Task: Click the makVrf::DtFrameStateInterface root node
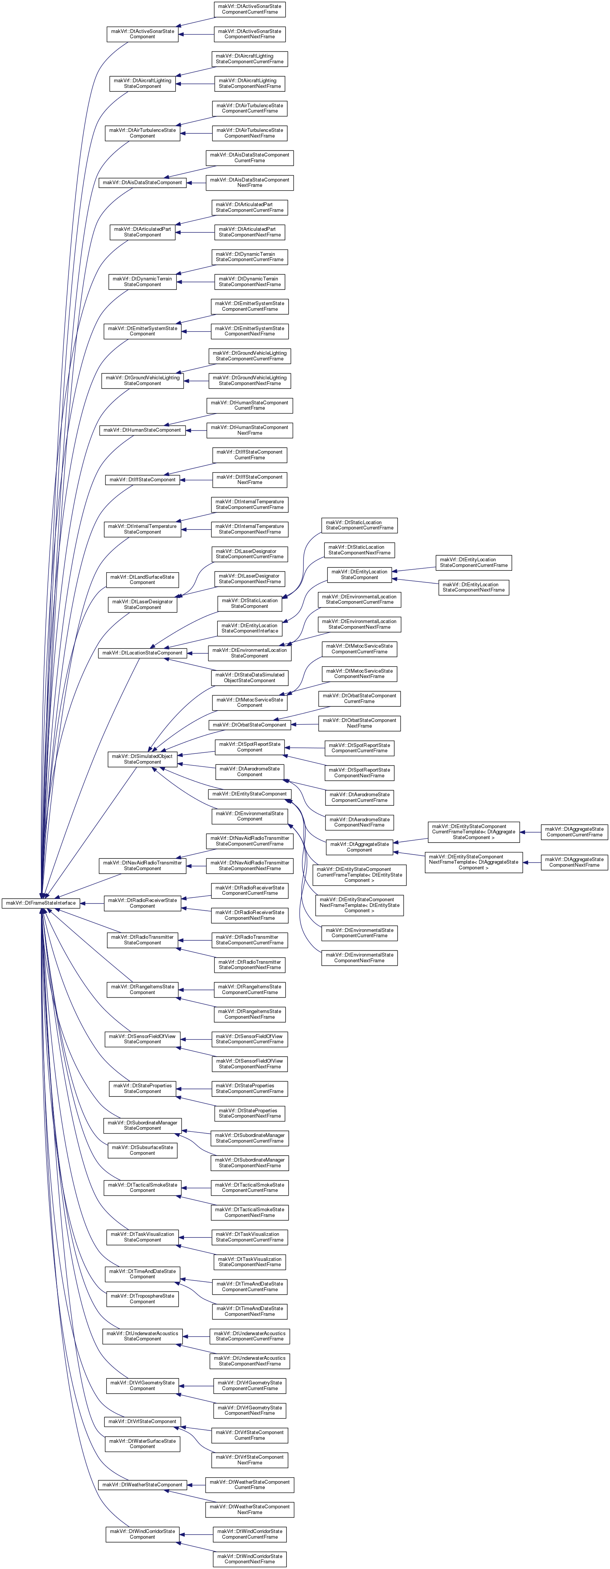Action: [40, 903]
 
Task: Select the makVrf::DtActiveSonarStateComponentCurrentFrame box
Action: [250, 9]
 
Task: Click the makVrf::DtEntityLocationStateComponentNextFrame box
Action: [473, 587]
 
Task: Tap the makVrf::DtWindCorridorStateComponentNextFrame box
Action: [250, 1559]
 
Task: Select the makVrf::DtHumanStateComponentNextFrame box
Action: [250, 430]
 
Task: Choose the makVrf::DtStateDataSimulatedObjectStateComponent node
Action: [250, 677]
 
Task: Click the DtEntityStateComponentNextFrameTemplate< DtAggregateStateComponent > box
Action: [473, 862]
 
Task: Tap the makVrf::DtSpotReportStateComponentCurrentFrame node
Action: [360, 748]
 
